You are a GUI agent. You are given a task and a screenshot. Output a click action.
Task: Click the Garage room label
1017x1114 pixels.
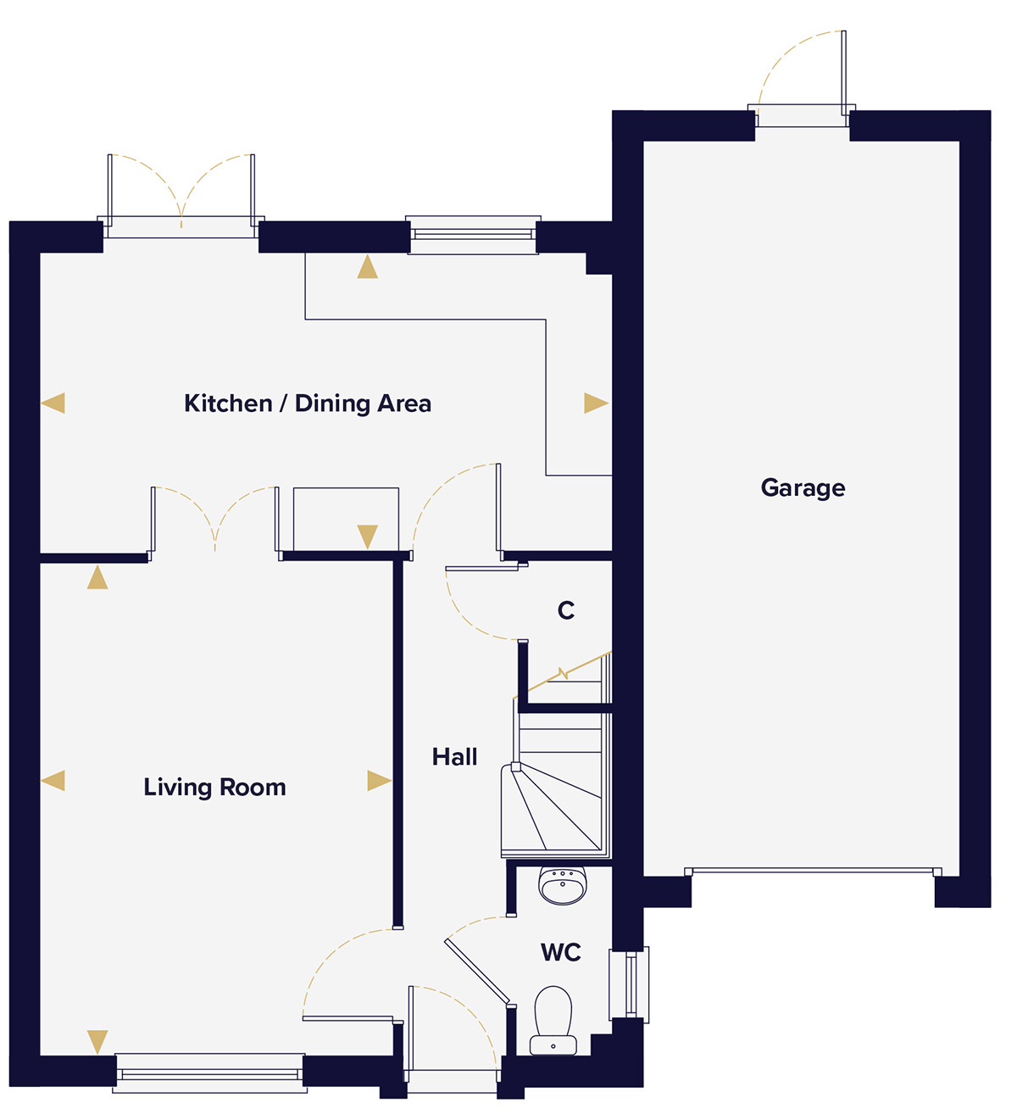(803, 488)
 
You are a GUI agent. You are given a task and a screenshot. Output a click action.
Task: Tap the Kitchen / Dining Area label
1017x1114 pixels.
(308, 404)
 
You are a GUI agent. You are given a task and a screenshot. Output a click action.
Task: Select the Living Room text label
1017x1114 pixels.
(214, 788)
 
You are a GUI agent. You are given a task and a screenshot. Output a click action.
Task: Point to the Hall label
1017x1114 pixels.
(454, 757)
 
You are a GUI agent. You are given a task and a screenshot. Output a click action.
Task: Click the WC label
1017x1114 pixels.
(561, 952)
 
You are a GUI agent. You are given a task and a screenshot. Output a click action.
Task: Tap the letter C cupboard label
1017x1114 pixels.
(565, 610)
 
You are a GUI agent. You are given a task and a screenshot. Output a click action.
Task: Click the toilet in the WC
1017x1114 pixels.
(553, 1021)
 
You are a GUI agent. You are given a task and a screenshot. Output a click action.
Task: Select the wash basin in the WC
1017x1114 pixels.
(563, 886)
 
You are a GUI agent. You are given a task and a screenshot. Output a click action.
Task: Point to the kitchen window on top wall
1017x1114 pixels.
(473, 235)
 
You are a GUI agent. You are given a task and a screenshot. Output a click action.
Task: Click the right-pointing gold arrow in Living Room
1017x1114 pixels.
(380, 780)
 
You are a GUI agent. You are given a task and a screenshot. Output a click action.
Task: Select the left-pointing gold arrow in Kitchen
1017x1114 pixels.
(53, 403)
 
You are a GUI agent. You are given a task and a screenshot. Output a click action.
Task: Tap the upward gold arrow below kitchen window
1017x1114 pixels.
(368, 266)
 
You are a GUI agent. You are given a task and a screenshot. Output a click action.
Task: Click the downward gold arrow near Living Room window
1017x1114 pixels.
(97, 1042)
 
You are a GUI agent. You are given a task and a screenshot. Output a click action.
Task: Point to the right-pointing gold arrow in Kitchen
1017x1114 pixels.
(596, 403)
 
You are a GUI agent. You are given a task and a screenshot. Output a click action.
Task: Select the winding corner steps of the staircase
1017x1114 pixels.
(551, 810)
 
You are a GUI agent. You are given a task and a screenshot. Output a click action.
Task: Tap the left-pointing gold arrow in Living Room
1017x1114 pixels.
(53, 780)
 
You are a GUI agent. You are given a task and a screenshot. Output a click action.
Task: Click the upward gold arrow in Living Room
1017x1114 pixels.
(97, 577)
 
